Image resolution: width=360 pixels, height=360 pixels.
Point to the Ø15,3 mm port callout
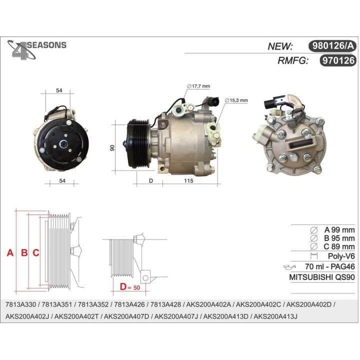click(x=236, y=100)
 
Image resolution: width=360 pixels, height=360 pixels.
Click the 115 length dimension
click(x=187, y=180)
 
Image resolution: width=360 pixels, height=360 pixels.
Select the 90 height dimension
click(x=112, y=148)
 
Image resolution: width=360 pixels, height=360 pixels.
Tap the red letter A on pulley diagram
click(x=9, y=253)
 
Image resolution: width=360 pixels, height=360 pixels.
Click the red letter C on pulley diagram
click(x=35, y=253)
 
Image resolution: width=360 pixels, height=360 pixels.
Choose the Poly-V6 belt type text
click(x=340, y=256)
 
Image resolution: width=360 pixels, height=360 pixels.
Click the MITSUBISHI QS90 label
click(x=322, y=277)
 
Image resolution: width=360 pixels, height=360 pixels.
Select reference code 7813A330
click(x=20, y=304)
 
